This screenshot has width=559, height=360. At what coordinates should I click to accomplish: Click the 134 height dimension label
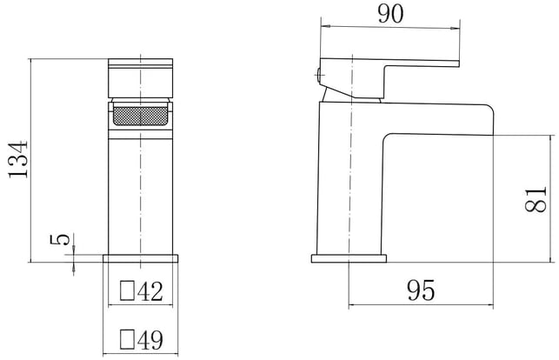[x=18, y=159]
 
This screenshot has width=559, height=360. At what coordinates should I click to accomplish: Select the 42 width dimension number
[x=150, y=291]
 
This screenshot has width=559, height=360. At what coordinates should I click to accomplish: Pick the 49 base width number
[x=150, y=340]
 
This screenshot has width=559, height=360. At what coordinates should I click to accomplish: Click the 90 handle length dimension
[x=391, y=14]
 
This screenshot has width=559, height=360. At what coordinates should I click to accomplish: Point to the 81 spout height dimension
[x=536, y=199]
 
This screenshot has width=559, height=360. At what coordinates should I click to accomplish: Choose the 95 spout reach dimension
[x=421, y=290]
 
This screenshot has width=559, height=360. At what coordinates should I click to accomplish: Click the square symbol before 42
[x=127, y=290]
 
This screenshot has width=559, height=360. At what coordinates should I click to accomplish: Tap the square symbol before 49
[x=127, y=339]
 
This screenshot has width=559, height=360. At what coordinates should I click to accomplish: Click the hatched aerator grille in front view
[x=140, y=116]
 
